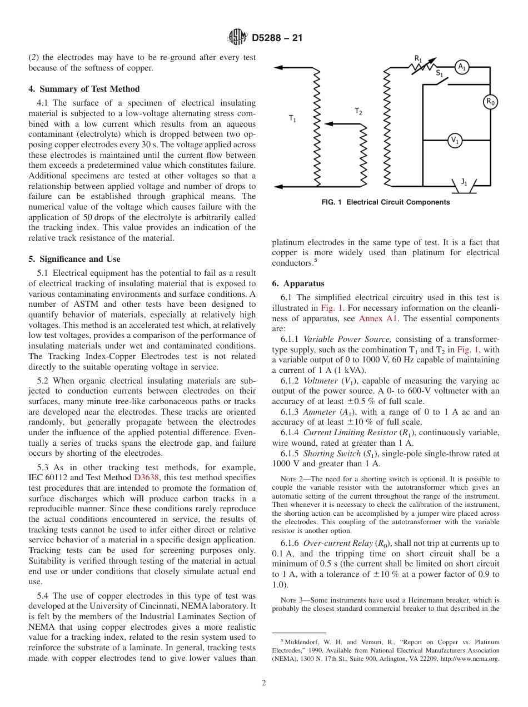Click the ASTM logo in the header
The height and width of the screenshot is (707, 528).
tap(237, 38)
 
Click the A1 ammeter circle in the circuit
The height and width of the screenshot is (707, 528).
tap(461, 67)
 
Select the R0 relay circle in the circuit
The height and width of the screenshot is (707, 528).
tap(490, 102)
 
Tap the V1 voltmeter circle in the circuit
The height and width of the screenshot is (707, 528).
tap(455, 141)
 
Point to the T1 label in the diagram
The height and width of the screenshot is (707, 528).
tap(292, 118)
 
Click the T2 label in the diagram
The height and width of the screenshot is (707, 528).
tap(358, 112)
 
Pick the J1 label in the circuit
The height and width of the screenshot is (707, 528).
tap(464, 181)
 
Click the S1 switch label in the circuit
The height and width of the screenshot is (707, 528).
tap(439, 73)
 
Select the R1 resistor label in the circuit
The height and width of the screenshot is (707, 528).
tap(418, 57)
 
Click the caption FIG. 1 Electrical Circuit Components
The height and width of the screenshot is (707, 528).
tap(386, 202)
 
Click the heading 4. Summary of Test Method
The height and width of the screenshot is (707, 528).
tap(84, 89)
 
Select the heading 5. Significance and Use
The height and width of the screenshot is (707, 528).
tap(74, 259)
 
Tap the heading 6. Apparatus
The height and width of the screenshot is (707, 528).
tap(298, 283)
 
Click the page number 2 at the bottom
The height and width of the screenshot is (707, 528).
tap(264, 683)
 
